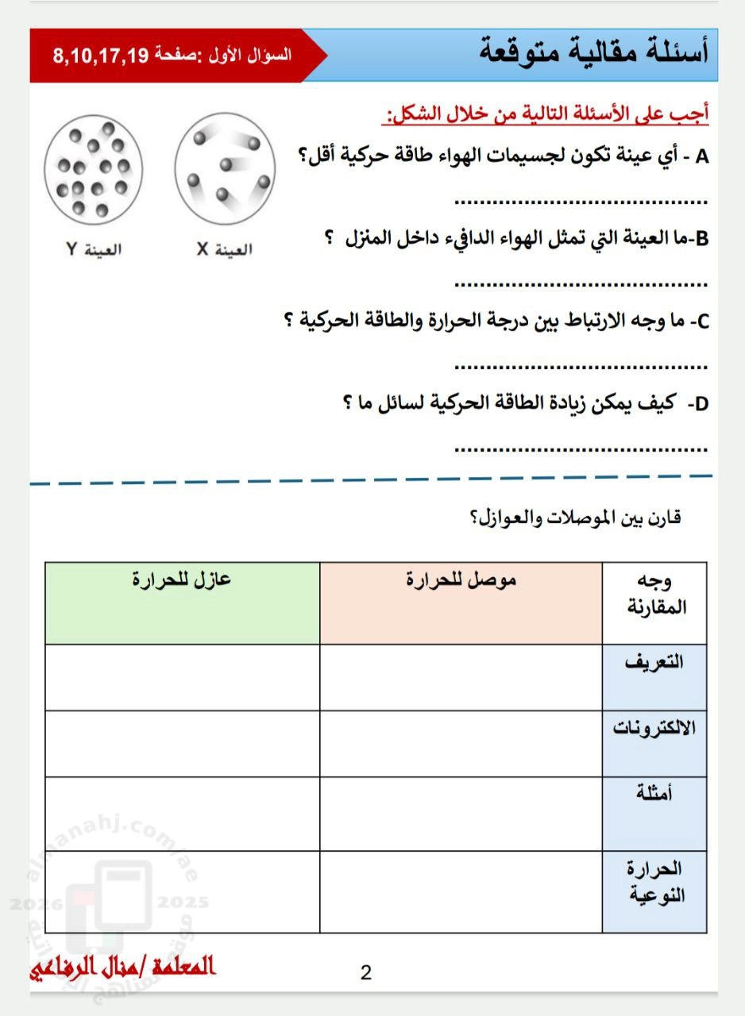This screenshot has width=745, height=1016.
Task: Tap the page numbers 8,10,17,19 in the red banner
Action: (101, 56)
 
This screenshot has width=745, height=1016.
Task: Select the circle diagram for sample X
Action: (225, 166)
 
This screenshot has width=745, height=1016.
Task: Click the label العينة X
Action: (225, 249)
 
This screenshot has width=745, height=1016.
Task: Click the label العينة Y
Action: (94, 249)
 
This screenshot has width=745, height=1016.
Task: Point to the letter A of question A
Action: (701, 156)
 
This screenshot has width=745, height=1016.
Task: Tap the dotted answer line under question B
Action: (581, 283)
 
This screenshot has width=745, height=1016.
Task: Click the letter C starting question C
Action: (701, 322)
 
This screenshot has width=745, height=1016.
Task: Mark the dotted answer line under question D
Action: (581, 449)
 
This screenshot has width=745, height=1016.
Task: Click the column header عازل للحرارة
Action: (182, 579)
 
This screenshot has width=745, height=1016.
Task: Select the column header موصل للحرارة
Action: (461, 579)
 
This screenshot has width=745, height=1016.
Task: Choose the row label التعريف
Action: (654, 662)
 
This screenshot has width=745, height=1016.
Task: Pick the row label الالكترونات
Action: (654, 728)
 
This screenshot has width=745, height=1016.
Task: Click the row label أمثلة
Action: (654, 794)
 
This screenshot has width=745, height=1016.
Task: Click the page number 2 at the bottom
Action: (366, 972)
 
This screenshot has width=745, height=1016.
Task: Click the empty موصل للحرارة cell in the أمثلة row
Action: (461, 814)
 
